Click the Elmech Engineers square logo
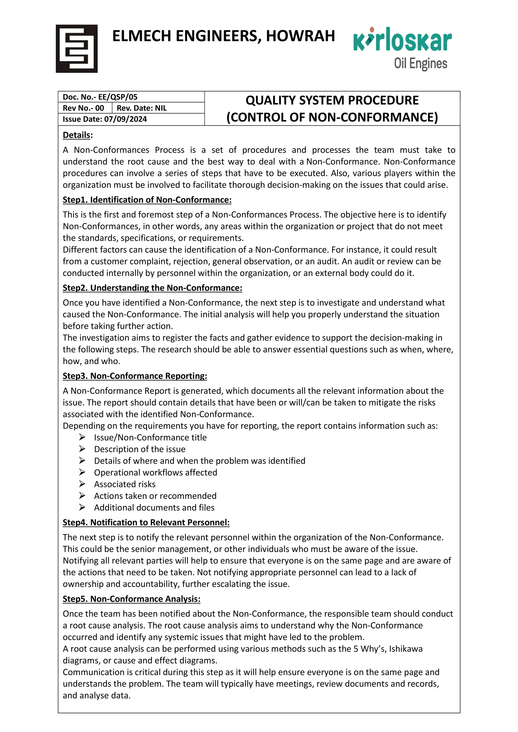click(77, 49)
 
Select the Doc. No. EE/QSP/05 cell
click(100, 97)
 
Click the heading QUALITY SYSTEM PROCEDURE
click(332, 100)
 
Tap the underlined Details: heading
click(77, 135)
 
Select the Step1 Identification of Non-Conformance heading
click(147, 200)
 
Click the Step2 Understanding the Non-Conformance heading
click(153, 288)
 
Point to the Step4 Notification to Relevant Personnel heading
click(146, 522)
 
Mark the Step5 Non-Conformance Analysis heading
click(132, 599)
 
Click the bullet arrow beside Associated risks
click(82, 484)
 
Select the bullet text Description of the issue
click(140, 449)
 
